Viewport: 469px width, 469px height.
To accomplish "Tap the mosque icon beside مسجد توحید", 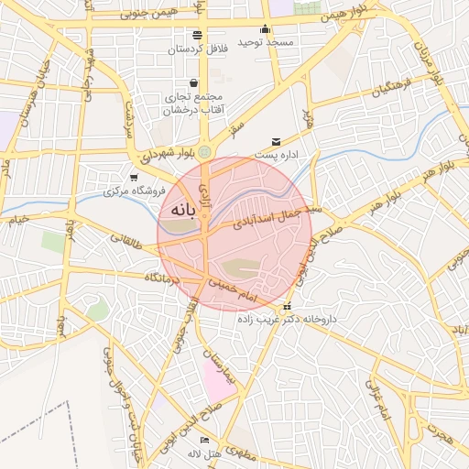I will tap(266, 29).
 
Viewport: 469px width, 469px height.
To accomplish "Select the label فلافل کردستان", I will tap(198, 47).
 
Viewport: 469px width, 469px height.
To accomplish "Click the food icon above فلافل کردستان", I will tap(198, 34).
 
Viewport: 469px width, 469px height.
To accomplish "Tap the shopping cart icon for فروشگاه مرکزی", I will tap(135, 178).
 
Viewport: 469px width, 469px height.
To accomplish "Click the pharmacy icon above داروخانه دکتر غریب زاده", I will tap(288, 306).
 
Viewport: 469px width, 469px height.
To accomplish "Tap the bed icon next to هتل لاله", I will tap(204, 441).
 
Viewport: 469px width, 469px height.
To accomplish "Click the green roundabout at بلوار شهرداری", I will tap(204, 151).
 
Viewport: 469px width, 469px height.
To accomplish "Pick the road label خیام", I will tap(18, 220).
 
